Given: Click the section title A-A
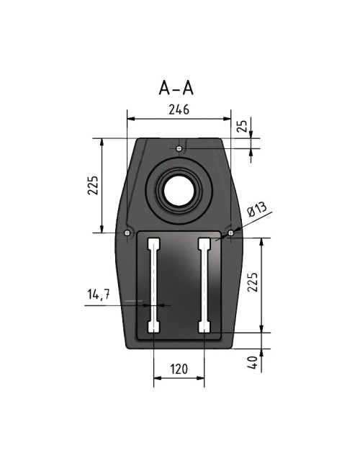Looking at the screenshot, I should pyautogui.click(x=177, y=88).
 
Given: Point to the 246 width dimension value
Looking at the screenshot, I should pyautogui.click(x=178, y=110).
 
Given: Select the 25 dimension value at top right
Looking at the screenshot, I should pyautogui.click(x=243, y=126).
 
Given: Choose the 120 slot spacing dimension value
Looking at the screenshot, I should pyautogui.click(x=179, y=369).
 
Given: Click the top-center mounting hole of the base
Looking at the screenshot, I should pyautogui.click(x=179, y=148).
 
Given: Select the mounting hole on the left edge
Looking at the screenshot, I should pyautogui.click(x=127, y=233).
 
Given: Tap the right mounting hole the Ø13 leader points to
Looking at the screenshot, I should pyautogui.click(x=230, y=233).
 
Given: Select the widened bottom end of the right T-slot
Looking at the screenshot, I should pyautogui.click(x=204, y=328).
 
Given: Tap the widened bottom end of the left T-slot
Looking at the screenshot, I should pyautogui.click(x=153, y=328).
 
